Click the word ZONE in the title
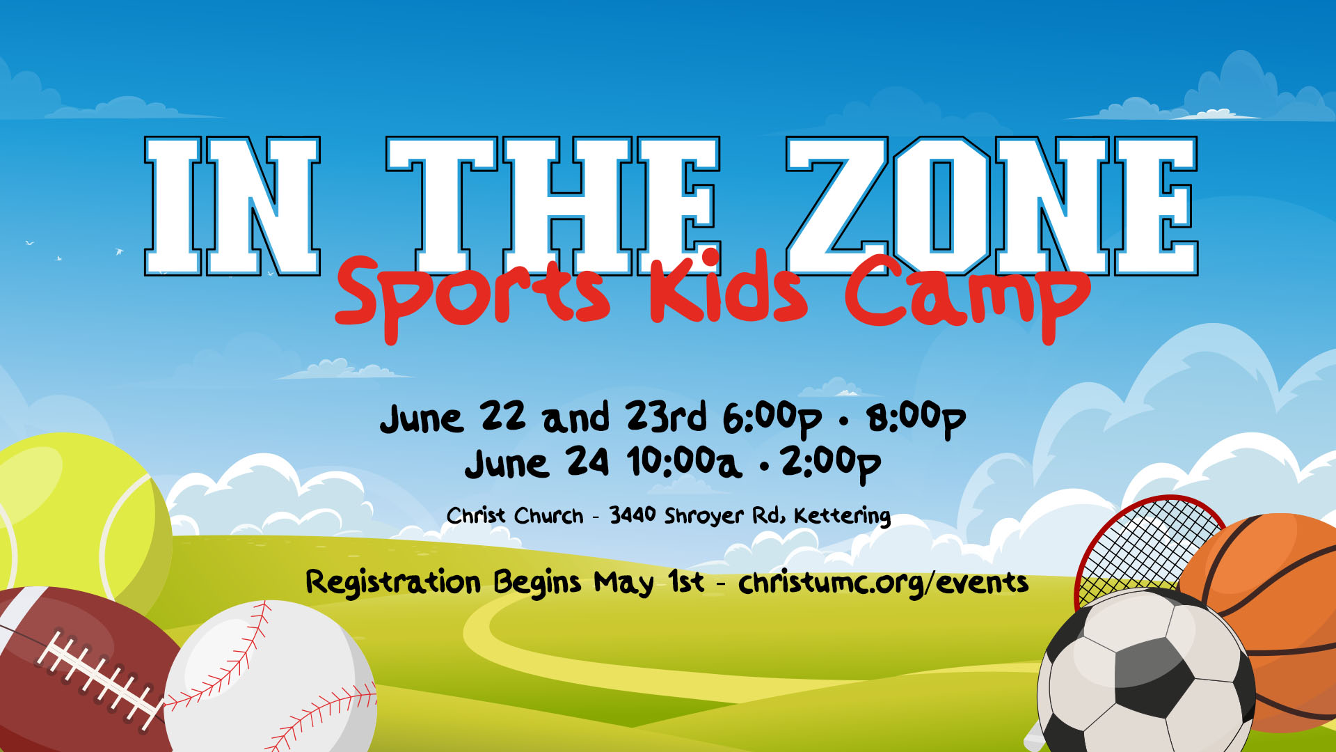992,206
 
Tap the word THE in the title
553,206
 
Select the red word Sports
472,296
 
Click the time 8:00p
916,419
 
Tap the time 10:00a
683,463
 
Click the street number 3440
633,515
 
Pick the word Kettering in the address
842,516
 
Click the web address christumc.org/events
884,583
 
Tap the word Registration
393,583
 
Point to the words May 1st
649,583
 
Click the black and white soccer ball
1145,672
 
